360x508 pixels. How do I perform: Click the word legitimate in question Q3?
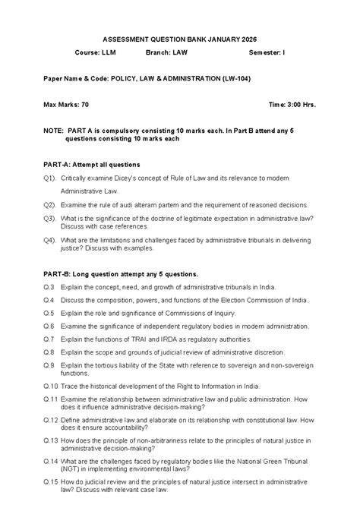(201, 218)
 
